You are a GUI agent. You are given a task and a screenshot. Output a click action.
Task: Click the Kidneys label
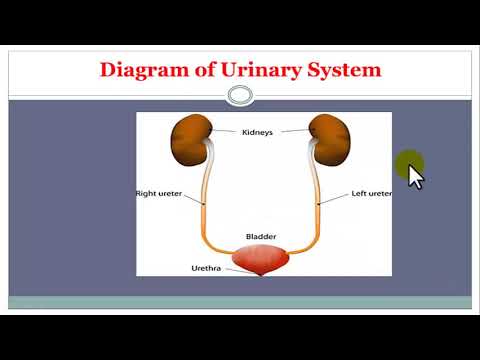[260, 131]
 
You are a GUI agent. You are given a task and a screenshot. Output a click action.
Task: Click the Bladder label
[261, 237]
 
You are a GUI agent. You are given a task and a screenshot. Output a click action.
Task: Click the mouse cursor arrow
[415, 176]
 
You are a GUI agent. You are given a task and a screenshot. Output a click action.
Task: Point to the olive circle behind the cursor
[407, 163]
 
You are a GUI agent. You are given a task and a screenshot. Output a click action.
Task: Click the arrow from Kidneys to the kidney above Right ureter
[226, 131]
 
